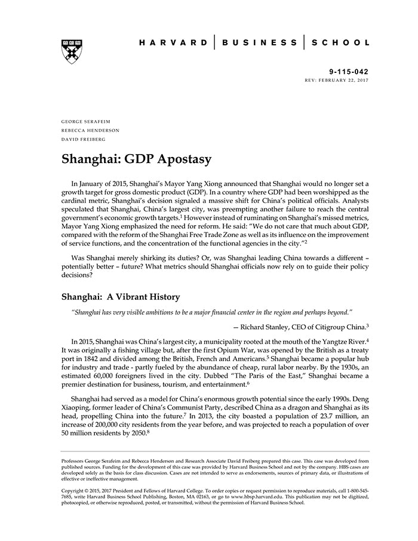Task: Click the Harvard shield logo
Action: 72,51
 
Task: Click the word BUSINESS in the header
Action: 259,43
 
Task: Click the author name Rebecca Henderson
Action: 90,130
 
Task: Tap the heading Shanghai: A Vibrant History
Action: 121,296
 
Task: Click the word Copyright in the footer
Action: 75,490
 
